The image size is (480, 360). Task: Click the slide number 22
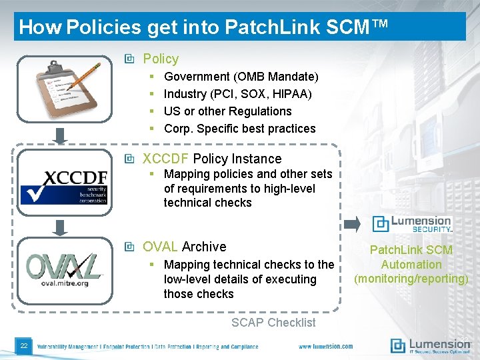click(x=23, y=345)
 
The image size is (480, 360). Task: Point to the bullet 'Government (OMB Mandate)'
click(x=241, y=77)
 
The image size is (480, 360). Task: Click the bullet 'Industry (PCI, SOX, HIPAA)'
click(x=237, y=94)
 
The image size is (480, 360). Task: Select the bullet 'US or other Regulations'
click(x=227, y=111)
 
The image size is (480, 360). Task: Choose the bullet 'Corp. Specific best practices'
click(x=239, y=129)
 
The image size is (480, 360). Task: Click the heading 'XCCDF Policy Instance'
click(x=212, y=159)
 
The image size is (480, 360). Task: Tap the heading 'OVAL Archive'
click(x=184, y=247)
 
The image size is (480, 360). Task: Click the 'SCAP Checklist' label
click(x=273, y=323)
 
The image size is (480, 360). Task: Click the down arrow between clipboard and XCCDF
click(x=60, y=136)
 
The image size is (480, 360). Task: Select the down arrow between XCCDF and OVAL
click(x=60, y=227)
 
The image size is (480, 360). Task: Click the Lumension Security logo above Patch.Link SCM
click(x=411, y=224)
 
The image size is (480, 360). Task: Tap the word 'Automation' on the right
click(x=411, y=265)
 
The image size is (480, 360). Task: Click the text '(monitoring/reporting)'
click(x=411, y=279)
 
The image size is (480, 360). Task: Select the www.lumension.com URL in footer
click(x=325, y=346)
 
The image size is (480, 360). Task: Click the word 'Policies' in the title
click(x=104, y=27)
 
